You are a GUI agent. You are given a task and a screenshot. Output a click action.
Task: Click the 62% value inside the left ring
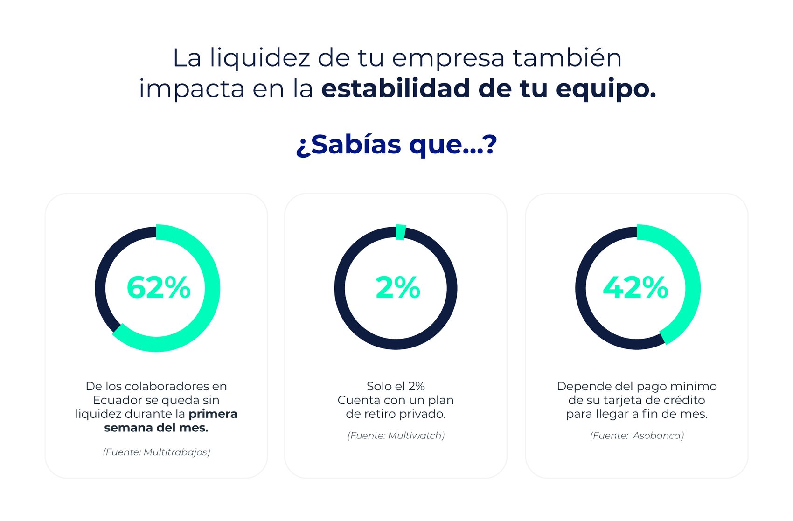(x=159, y=287)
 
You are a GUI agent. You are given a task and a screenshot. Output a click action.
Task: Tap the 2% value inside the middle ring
(x=397, y=287)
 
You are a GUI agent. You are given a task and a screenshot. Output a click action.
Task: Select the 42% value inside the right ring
(x=635, y=287)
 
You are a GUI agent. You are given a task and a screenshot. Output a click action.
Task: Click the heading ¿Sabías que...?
(x=396, y=145)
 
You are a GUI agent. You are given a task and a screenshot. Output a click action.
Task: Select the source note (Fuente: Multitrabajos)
(x=157, y=452)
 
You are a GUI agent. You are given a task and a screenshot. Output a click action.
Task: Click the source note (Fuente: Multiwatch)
(x=396, y=436)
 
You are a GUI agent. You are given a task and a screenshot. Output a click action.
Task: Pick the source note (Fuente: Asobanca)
(x=637, y=436)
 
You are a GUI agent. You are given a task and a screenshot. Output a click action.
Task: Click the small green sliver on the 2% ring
(x=400, y=232)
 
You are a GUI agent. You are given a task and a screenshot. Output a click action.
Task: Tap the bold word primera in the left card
(x=213, y=414)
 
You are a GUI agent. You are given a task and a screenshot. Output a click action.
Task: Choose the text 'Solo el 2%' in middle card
(x=396, y=386)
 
